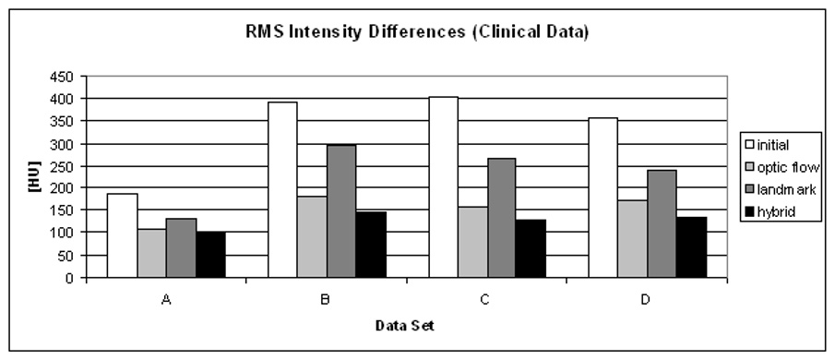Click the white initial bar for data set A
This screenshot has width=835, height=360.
[x=123, y=235]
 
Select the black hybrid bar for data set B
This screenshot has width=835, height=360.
[x=371, y=245]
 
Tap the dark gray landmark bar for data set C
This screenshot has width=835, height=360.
[x=501, y=218]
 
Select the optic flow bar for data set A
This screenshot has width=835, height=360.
[x=152, y=253]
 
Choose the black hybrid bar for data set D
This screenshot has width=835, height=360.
[x=691, y=246]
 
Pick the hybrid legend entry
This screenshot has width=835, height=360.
[x=772, y=211]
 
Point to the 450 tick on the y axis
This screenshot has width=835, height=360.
[x=63, y=77]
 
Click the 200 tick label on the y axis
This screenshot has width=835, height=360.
[x=63, y=188]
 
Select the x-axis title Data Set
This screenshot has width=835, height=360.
[x=405, y=326]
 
